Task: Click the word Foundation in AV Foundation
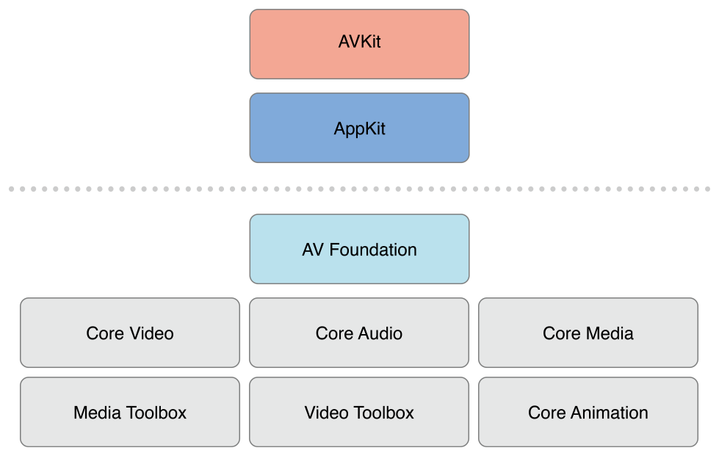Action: pyautogui.click(x=373, y=250)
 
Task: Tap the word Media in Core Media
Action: pyautogui.click(x=609, y=333)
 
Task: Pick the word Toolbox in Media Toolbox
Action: pyautogui.click(x=157, y=413)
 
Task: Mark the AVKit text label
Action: pyautogui.click(x=359, y=42)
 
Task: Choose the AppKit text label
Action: pyautogui.click(x=359, y=129)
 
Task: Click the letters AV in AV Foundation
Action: pyautogui.click(x=313, y=250)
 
